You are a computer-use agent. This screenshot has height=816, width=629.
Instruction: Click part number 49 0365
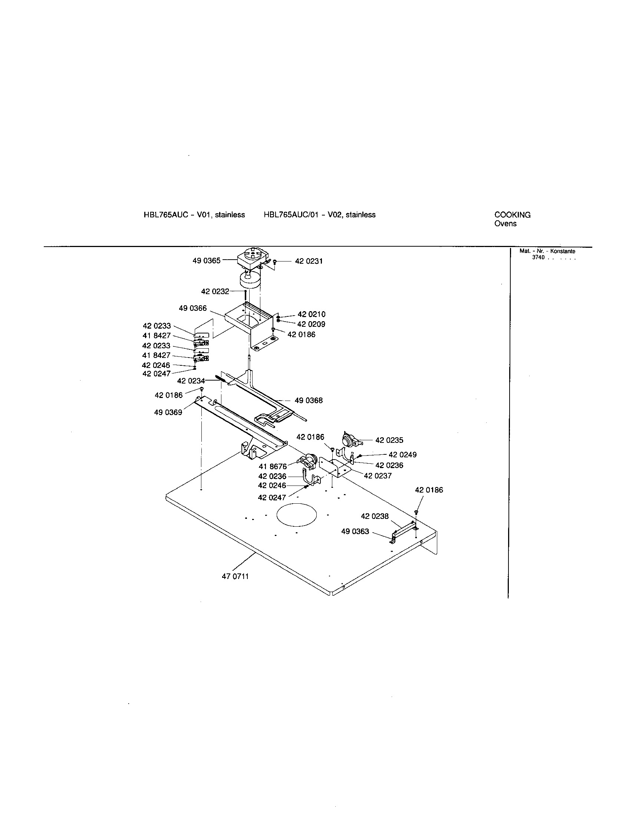(206, 261)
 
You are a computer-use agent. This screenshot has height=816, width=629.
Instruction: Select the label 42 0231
(309, 261)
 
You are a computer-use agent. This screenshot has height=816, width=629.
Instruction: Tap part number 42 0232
(215, 292)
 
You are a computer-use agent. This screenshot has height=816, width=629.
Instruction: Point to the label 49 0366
(192, 308)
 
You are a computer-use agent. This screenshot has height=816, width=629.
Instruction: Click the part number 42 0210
(311, 314)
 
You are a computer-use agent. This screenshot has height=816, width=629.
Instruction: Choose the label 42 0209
(311, 324)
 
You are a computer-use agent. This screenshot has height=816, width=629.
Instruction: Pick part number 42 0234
(191, 381)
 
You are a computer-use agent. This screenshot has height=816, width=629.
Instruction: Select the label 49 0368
(309, 401)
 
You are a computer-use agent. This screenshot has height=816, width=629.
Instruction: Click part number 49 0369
(168, 412)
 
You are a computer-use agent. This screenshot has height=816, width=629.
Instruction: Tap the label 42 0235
(389, 440)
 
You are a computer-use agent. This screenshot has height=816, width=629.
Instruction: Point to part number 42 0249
(402, 455)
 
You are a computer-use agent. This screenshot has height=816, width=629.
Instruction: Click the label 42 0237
(378, 476)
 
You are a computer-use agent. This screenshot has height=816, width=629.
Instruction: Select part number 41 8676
(273, 466)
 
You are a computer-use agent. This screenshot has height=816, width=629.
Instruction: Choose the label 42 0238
(375, 516)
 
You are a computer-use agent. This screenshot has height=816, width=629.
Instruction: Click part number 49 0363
(355, 531)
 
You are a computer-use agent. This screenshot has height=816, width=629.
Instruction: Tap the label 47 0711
(235, 576)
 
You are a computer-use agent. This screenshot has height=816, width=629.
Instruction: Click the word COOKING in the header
(512, 215)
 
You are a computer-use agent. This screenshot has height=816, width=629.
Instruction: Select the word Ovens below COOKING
(505, 224)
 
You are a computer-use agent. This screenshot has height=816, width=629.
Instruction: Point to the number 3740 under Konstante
(538, 257)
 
